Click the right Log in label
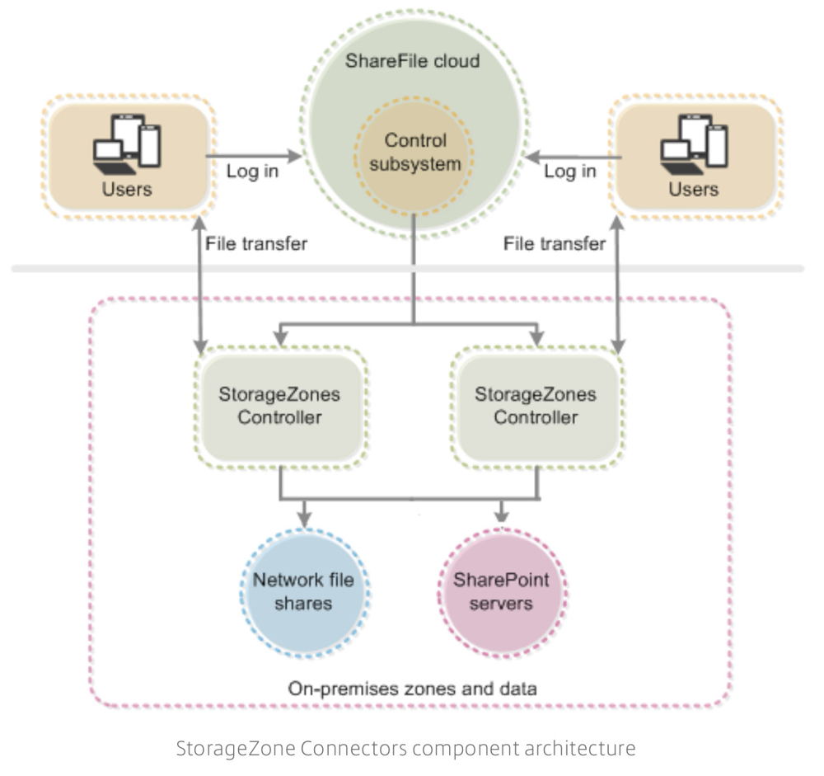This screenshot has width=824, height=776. (570, 172)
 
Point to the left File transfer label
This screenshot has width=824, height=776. (255, 243)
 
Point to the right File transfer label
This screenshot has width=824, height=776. (555, 243)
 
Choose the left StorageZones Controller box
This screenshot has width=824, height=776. (279, 405)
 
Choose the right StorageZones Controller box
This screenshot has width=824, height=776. (536, 405)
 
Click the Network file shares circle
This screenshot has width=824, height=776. (304, 591)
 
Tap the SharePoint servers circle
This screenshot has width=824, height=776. (502, 591)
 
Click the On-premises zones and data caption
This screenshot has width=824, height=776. (412, 687)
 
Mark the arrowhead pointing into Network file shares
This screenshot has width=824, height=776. (304, 520)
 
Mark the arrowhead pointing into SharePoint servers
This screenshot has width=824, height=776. (502, 520)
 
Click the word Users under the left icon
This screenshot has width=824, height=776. (127, 189)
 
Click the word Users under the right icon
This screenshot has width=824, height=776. (694, 189)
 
